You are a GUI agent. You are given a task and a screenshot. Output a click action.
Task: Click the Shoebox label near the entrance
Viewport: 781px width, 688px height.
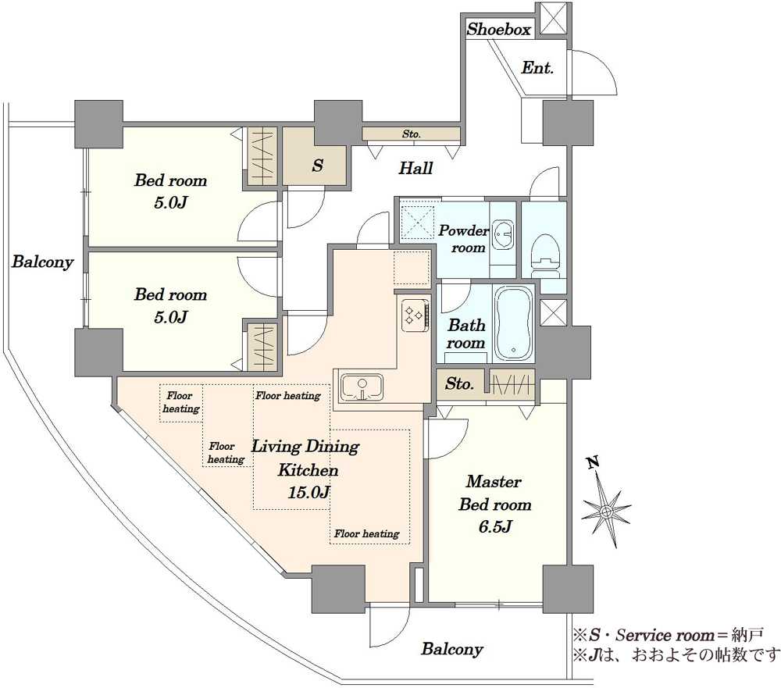(498, 30)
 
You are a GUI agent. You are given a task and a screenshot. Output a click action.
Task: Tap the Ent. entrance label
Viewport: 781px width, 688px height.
(537, 67)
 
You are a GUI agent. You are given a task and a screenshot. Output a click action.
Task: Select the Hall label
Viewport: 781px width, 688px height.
(415, 168)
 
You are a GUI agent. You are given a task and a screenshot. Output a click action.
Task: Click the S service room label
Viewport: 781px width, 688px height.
(318, 165)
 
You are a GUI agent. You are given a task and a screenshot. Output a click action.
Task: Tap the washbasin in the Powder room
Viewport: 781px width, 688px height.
(504, 234)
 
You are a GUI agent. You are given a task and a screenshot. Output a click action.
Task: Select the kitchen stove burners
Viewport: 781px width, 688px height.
(415, 315)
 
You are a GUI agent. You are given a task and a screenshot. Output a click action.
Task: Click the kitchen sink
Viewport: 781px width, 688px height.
(361, 387)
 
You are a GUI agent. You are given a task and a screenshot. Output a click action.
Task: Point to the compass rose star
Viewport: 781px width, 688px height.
(606, 512)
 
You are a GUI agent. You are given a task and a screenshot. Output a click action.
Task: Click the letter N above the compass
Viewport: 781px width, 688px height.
(592, 463)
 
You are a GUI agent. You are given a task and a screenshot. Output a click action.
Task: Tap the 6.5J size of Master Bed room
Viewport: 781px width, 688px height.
(494, 526)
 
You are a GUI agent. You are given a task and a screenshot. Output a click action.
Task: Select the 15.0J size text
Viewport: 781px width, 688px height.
(308, 492)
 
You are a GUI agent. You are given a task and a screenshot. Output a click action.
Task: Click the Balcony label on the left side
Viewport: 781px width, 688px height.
(42, 262)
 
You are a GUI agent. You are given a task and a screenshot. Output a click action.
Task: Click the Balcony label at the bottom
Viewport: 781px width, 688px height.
(451, 649)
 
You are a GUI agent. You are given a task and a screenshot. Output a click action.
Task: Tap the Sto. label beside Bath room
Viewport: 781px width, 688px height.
(458, 383)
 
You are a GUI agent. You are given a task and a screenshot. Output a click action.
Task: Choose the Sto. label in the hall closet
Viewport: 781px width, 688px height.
(412, 134)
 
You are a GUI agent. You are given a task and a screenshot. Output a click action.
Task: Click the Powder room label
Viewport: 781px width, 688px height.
(464, 239)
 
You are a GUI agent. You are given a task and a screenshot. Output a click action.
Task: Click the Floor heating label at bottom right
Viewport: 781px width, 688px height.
(366, 533)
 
